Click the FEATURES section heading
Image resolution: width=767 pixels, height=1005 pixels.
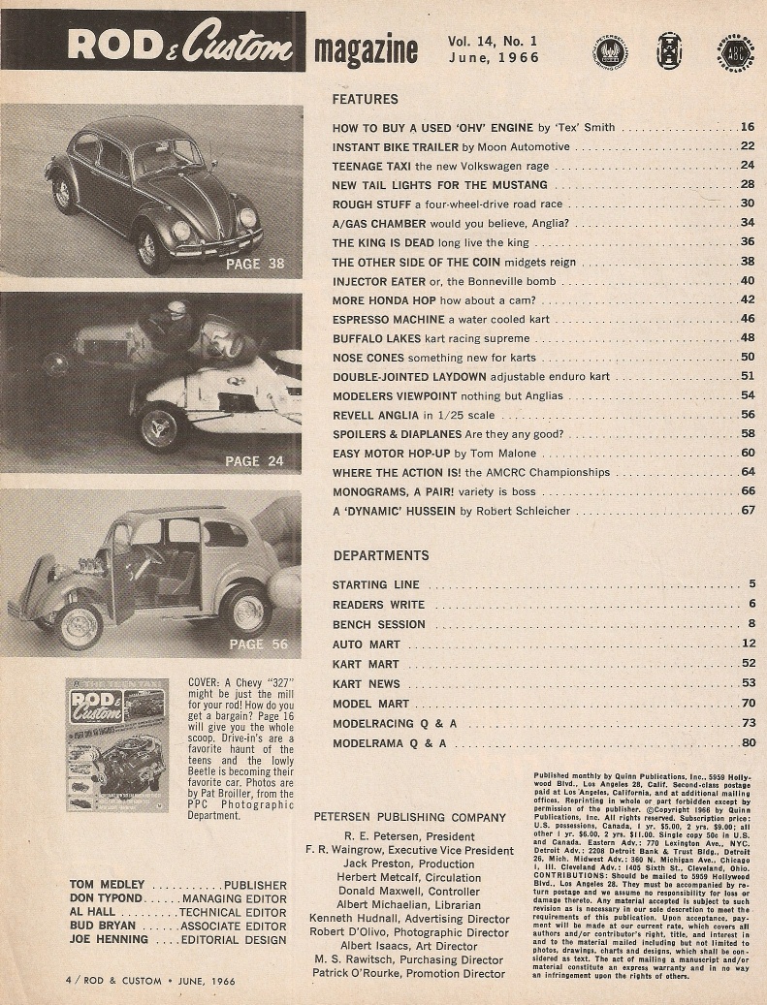tap(365, 99)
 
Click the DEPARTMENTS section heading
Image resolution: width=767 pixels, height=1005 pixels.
tap(381, 555)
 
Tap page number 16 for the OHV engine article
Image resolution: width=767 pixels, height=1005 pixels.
tap(747, 127)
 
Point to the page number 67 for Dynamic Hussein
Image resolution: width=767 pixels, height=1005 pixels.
tap(747, 510)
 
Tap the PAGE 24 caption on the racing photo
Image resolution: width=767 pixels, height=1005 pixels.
tap(254, 461)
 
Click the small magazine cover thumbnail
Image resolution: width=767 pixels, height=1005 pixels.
tap(117, 744)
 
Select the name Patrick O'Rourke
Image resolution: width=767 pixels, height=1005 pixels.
tap(407, 973)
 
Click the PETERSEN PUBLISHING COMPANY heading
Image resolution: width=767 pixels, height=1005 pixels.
tap(410, 817)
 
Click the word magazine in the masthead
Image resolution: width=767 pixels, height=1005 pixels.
tap(367, 51)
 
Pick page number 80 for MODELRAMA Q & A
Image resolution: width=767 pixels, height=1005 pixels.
tap(747, 743)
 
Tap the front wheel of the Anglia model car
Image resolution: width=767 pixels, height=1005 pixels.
tap(80, 625)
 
